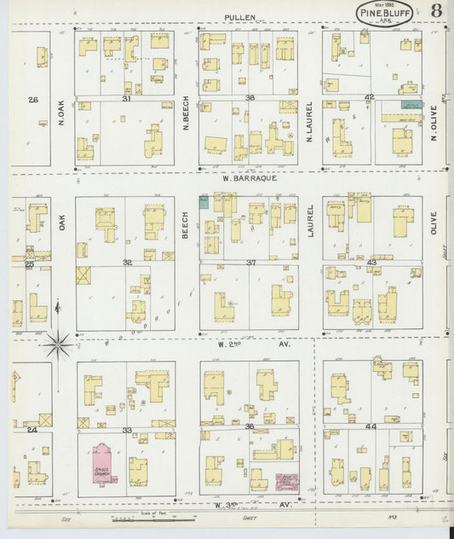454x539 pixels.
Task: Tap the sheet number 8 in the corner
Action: click(435, 11)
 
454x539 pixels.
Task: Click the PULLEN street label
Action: click(241, 17)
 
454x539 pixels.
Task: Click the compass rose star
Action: click(58, 345)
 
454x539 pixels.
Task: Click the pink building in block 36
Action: click(286, 483)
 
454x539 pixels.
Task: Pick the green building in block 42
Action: click(411, 105)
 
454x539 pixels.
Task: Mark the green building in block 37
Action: click(204, 201)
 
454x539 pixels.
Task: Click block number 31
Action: click(126, 99)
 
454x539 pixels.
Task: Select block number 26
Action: click(32, 100)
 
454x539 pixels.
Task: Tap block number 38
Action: click(250, 99)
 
